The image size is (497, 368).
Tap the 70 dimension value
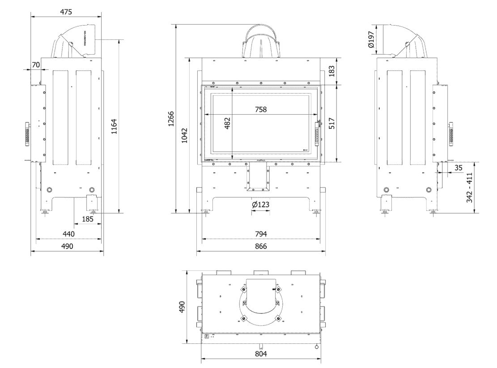point(36,65)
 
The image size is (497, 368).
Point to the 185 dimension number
point(88,219)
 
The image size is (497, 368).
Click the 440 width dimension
point(68,234)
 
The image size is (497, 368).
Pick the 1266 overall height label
point(171,119)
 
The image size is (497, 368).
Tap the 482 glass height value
point(227,124)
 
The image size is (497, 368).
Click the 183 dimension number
point(331,71)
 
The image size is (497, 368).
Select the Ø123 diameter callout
point(260,205)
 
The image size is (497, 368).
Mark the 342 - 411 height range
point(469,188)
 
